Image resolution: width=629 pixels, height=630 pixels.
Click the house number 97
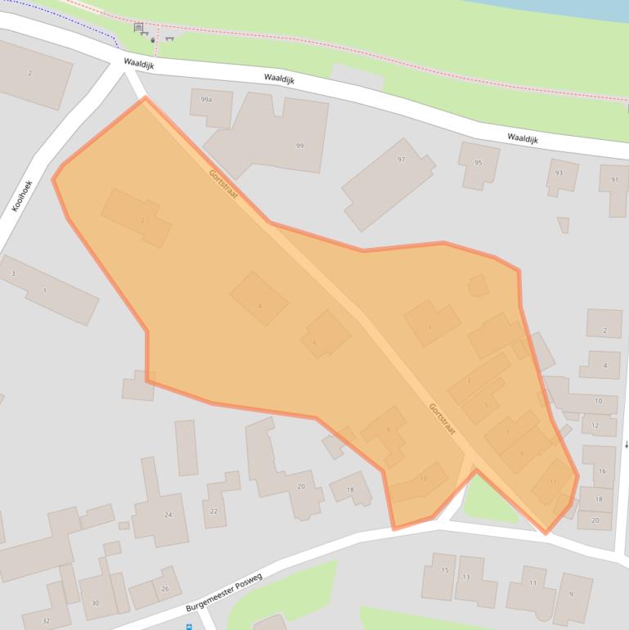(x=401, y=160)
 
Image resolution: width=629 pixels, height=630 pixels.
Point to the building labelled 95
(x=478, y=163)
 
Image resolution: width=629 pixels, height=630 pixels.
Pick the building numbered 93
(x=559, y=173)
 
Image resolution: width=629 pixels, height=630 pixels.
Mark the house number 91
(x=614, y=180)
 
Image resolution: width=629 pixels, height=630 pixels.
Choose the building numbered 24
(x=168, y=515)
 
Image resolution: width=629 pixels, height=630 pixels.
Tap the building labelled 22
(x=214, y=511)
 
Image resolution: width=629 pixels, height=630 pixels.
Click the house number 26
(x=165, y=589)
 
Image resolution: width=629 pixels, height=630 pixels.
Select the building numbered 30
(x=95, y=603)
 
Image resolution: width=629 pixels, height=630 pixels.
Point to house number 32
(x=46, y=621)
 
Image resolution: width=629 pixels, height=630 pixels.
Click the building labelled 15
(x=445, y=569)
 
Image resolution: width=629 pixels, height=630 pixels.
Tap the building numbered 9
(x=570, y=593)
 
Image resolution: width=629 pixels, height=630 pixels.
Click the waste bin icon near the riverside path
(x=153, y=38)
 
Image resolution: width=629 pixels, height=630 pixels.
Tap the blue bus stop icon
(x=190, y=627)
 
